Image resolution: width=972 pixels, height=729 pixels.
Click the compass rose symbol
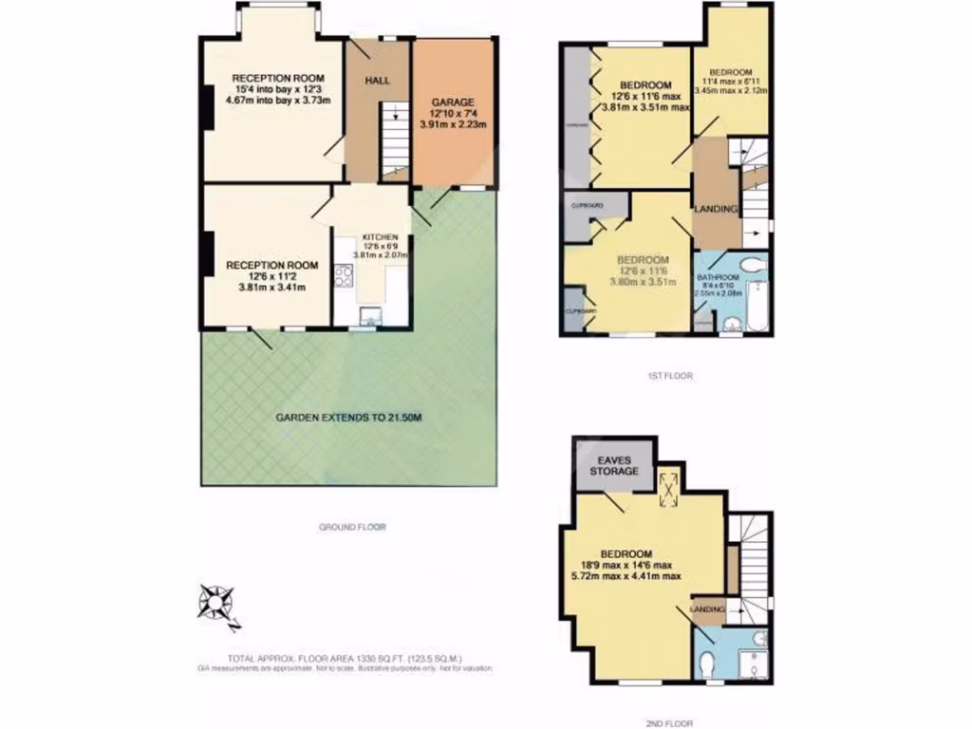[218, 605]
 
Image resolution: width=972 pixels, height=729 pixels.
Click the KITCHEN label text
[371, 237]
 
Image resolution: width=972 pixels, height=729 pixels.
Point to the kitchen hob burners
[344, 276]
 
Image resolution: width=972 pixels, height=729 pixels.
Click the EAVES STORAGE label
[614, 464]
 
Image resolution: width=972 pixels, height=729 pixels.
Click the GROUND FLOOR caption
[352, 526]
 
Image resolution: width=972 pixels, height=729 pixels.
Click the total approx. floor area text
[344, 658]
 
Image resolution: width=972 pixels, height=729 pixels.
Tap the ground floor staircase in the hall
[394, 138]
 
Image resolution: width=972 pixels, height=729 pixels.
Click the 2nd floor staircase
[755, 560]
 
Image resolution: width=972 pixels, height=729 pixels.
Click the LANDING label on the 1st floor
[716, 209]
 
